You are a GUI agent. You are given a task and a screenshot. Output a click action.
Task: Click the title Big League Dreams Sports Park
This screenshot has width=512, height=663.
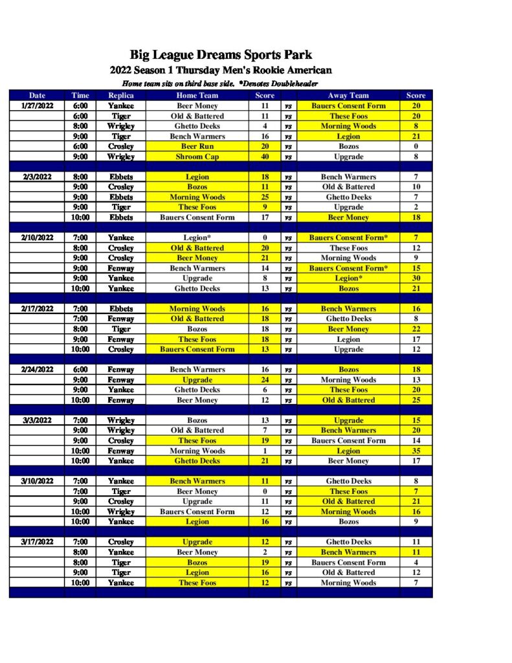pos(221,55)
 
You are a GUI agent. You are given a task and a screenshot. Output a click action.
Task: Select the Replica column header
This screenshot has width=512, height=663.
pos(120,96)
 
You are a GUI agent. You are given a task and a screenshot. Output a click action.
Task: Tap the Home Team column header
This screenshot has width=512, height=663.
pos(197,96)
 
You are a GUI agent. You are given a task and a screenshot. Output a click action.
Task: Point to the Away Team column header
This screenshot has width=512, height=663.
pos(348,96)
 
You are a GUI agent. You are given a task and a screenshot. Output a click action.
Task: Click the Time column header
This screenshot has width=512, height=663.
pos(80,96)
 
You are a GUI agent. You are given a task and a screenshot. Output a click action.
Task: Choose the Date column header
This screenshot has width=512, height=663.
pos(37,96)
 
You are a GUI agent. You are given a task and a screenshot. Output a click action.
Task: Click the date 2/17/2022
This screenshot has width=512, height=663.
pos(37,309)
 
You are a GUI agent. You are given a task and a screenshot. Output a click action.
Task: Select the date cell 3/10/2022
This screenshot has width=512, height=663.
pos(37,481)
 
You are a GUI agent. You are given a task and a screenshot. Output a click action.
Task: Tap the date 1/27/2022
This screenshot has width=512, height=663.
pos(37,106)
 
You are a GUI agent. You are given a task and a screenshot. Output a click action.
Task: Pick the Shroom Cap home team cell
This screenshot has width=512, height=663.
pos(197,157)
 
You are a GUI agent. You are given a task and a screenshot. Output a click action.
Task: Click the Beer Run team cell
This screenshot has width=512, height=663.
pos(197,146)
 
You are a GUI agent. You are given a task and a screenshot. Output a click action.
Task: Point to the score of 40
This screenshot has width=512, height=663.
pos(265,157)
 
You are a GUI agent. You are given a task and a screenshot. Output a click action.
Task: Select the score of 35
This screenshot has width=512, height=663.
pos(416,451)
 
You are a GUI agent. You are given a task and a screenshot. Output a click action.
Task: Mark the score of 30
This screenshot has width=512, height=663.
pos(416,278)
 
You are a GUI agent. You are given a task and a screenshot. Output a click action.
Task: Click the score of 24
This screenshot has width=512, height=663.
pos(265,379)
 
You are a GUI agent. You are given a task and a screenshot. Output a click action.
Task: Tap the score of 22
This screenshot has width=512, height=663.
pos(416,329)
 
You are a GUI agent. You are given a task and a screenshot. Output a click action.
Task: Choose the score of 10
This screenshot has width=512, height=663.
pos(416,187)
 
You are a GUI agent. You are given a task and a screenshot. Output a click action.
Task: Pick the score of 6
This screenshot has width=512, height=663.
pos(265,390)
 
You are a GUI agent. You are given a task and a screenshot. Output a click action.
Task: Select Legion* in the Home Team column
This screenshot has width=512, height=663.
pos(197,238)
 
